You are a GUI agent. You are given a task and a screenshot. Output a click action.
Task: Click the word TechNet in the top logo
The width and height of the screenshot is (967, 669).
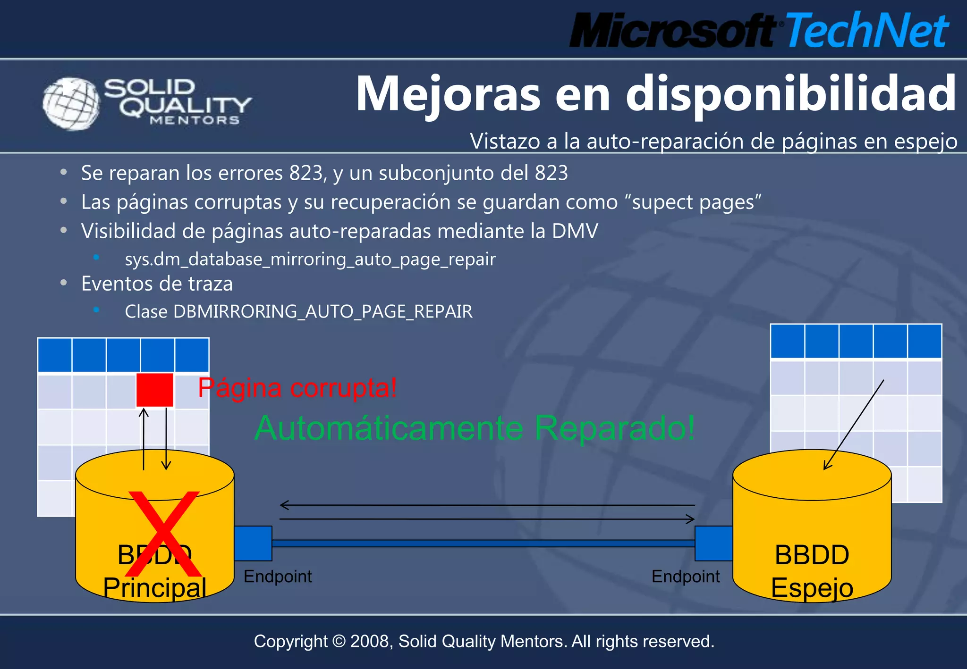(866, 31)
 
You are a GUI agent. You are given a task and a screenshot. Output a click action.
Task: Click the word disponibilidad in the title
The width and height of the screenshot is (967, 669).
(791, 94)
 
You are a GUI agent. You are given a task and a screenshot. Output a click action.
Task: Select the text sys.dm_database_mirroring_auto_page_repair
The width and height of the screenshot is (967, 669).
(310, 259)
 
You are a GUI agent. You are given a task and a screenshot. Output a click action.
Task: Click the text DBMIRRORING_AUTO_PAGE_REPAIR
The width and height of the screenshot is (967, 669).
(323, 312)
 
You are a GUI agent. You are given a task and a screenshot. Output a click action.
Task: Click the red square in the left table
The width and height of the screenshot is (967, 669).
(154, 390)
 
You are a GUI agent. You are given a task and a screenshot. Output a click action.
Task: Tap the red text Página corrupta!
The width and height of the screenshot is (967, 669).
(297, 388)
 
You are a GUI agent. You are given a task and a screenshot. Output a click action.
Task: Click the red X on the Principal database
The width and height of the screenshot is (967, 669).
(163, 534)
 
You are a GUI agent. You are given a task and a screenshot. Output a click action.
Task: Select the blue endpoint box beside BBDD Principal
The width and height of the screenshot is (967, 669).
(253, 543)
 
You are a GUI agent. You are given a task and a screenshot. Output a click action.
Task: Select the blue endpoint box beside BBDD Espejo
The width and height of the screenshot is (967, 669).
(713, 543)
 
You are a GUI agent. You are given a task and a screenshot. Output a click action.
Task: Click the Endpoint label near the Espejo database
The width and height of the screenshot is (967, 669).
(685, 577)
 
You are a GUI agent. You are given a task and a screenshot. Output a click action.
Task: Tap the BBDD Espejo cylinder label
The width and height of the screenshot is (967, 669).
(812, 571)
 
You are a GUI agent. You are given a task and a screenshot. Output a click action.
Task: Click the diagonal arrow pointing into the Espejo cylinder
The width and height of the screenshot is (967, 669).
(853, 425)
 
